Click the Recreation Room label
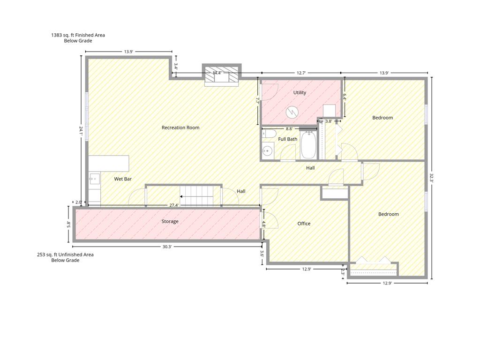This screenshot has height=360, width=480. pyautogui.click(x=180, y=127)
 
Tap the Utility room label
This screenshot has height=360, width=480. pyautogui.click(x=300, y=92)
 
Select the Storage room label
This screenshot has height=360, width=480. pyautogui.click(x=170, y=221)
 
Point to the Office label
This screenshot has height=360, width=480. pyautogui.click(x=304, y=224)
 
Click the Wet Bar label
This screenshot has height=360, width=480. pyautogui.click(x=123, y=179)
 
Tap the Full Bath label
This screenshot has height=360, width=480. pyautogui.click(x=287, y=139)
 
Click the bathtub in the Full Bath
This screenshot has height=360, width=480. pyautogui.click(x=309, y=145)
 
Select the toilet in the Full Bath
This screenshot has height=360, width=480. pyautogui.click(x=269, y=134)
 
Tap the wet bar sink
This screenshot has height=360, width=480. pyautogui.click(x=95, y=179)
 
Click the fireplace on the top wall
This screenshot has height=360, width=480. pyautogui.click(x=221, y=75)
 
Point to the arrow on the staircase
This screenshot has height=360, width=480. pyautogui.click(x=196, y=196)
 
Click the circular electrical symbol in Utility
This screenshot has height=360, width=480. pyautogui.click(x=292, y=112)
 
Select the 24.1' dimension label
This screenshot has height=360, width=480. pyautogui.click(x=81, y=131)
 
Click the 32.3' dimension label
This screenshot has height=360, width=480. pyautogui.click(x=431, y=178)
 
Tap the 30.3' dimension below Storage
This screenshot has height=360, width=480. pyautogui.click(x=167, y=247)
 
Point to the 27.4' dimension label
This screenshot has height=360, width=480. pyautogui.click(x=174, y=205)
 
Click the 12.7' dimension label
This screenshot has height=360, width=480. pyautogui.click(x=301, y=73)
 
